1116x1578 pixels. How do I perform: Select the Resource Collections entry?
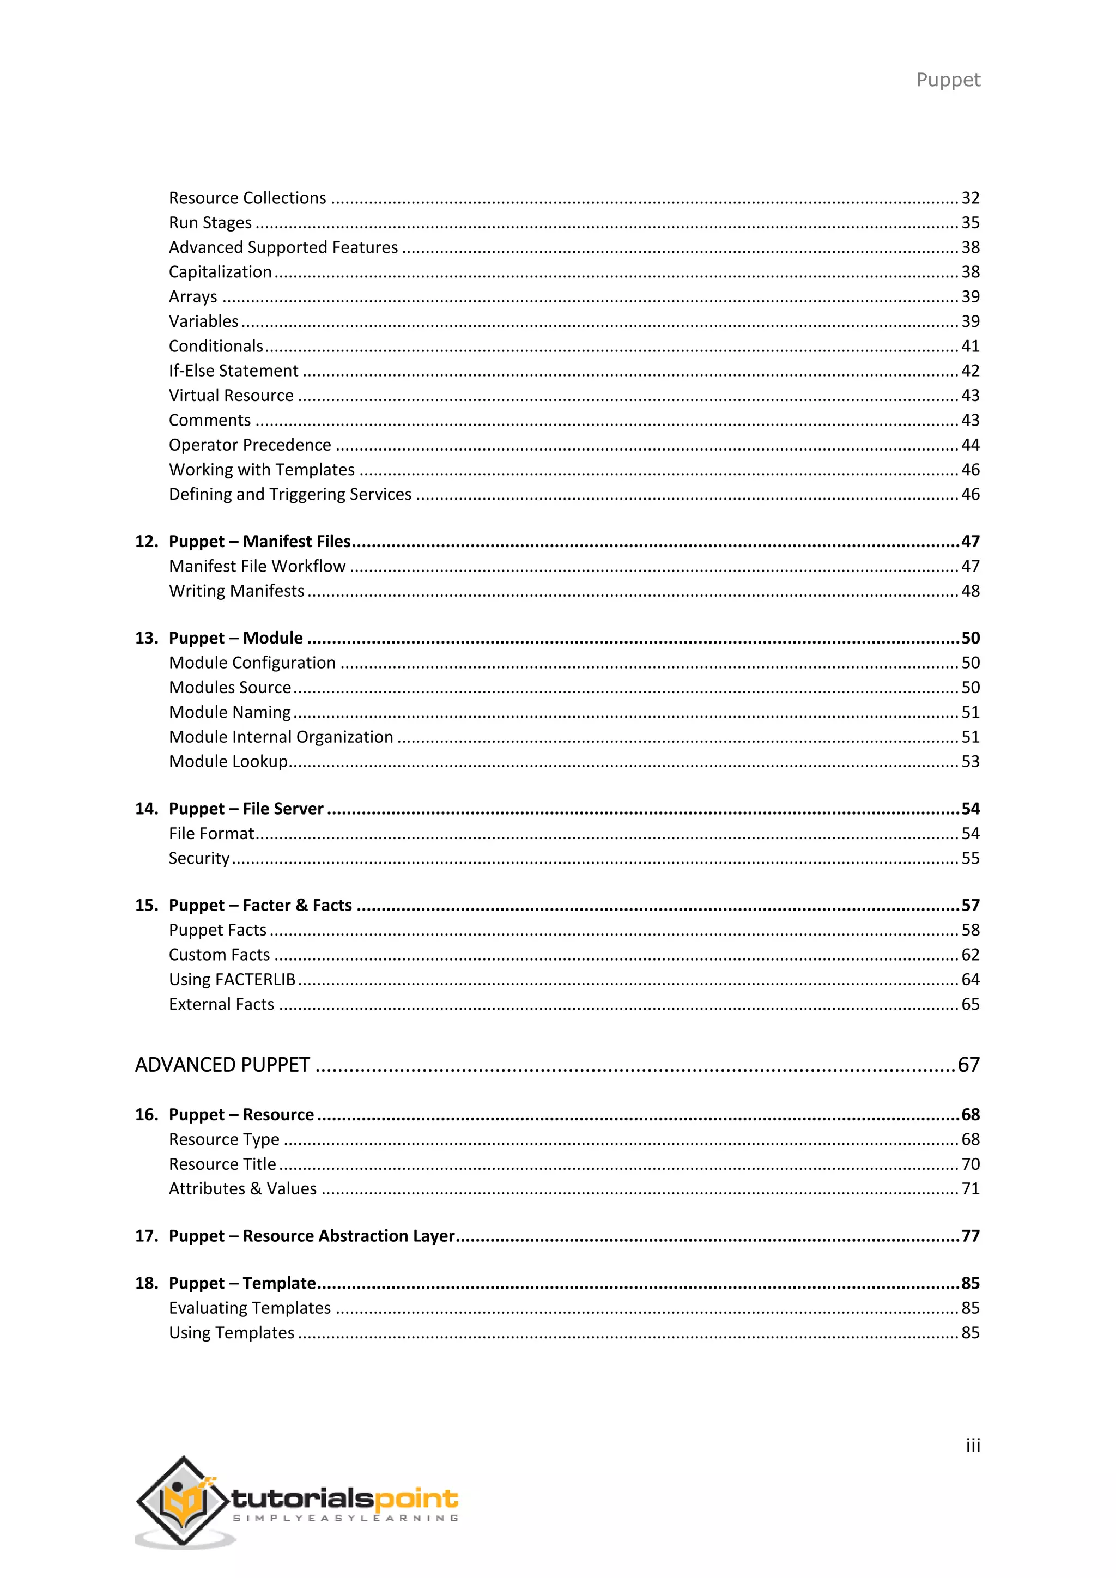pyautogui.click(x=247, y=198)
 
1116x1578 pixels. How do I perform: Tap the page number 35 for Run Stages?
pyautogui.click(x=969, y=223)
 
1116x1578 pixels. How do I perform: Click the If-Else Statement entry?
pyautogui.click(x=234, y=371)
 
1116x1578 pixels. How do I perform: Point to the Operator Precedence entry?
pyautogui.click(x=250, y=445)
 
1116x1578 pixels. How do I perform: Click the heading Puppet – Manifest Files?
pyautogui.click(x=260, y=542)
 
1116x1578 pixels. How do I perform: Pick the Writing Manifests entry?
pyautogui.click(x=236, y=591)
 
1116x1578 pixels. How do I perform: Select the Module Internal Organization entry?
pyautogui.click(x=281, y=737)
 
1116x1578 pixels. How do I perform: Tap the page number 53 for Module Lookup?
pyautogui.click(x=969, y=762)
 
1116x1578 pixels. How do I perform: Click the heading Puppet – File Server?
pyautogui.click(x=246, y=809)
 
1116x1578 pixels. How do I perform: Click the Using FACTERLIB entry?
pyautogui.click(x=232, y=979)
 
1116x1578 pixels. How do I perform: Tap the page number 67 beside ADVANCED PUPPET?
pyautogui.click(x=968, y=1065)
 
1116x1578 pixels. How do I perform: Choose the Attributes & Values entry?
pyautogui.click(x=242, y=1189)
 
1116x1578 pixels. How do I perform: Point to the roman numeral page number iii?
pyautogui.click(x=972, y=1446)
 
